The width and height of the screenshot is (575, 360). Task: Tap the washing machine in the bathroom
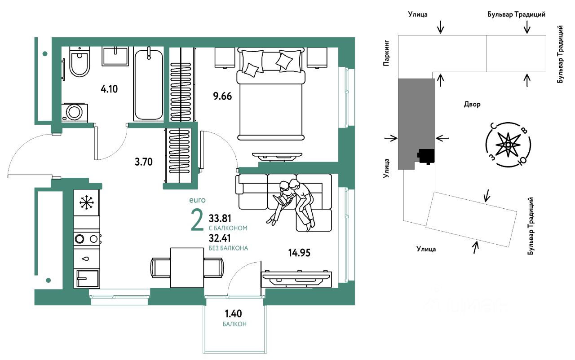point(75,112)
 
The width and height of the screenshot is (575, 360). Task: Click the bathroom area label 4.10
point(109,89)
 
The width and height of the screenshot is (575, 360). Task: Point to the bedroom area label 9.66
point(222,97)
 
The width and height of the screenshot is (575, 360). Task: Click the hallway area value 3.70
point(143,162)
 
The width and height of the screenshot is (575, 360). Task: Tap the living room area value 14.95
point(299,253)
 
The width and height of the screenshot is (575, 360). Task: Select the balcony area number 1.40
point(233,313)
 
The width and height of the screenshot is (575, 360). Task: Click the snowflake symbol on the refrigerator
point(87,203)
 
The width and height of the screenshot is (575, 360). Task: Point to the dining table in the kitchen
point(187,268)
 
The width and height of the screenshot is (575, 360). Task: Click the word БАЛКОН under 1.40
point(234,324)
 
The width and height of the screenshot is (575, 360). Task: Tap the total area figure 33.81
point(220,219)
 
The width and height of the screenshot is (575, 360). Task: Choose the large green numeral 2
point(197,220)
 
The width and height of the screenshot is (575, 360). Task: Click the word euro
point(197,200)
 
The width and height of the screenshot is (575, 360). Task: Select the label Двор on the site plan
point(472,104)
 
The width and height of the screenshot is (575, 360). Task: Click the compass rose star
point(508,145)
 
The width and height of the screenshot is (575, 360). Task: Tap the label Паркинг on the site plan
point(387,53)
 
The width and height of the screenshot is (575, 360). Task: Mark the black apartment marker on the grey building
point(426,156)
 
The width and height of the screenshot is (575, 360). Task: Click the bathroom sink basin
point(115,56)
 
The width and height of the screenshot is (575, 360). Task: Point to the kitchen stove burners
point(87,239)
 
